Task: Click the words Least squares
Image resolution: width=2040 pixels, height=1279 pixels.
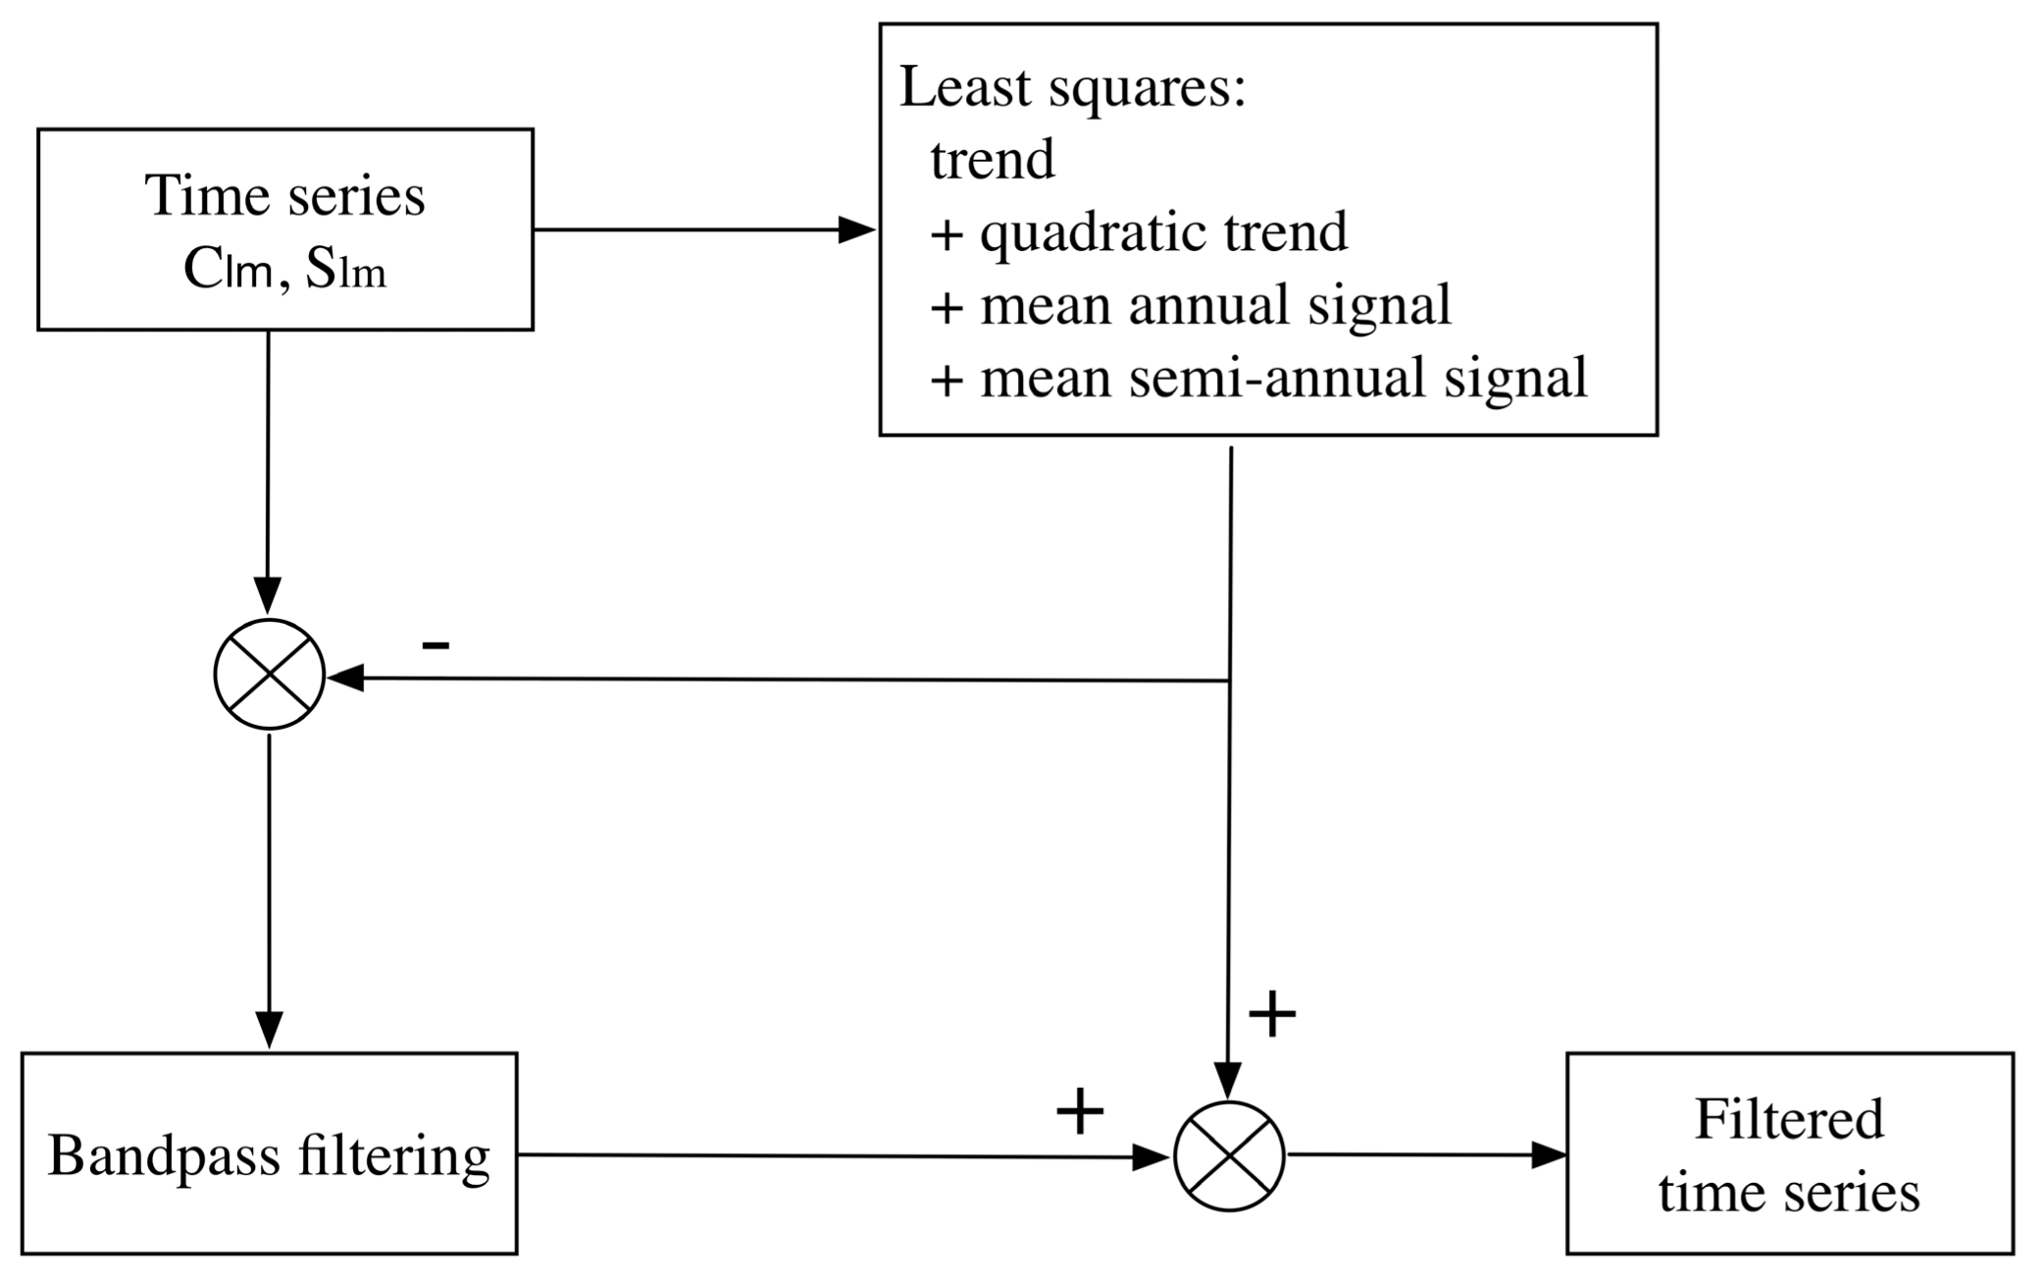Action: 1072,88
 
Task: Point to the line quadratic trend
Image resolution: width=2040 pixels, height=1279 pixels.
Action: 1163,233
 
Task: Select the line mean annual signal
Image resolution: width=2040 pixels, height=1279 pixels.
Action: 1214,305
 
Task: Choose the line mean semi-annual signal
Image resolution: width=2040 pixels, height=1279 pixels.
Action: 1283,379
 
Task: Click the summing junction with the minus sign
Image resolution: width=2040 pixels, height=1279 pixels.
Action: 269,674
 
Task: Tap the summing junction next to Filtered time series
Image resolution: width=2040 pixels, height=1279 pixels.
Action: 1229,1155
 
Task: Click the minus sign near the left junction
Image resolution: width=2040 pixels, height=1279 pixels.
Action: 435,644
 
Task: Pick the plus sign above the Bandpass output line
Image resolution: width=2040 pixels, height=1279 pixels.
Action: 1080,1111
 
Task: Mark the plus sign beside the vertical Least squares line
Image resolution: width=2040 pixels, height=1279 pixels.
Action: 1272,1013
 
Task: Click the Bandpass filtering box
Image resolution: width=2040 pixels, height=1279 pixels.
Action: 269,1153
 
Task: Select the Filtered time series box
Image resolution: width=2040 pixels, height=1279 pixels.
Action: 1789,1153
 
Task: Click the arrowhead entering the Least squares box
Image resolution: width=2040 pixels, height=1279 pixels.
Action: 856,230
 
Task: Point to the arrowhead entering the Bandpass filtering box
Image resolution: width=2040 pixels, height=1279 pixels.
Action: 269,1030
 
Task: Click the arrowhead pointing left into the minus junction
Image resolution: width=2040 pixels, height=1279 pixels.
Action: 345,677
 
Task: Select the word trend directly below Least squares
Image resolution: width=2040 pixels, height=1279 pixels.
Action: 993,160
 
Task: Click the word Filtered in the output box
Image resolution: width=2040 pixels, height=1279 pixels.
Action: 1789,1119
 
